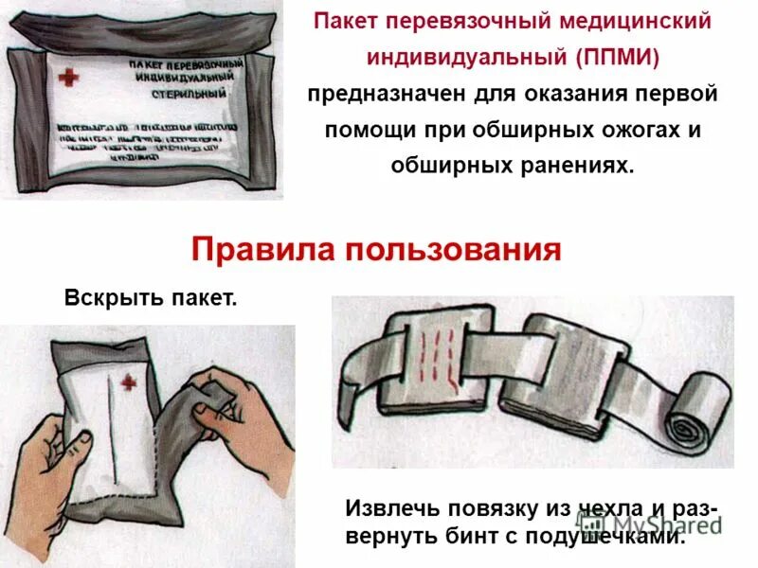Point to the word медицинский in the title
pyautogui.click(x=643, y=22)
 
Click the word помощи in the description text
pyautogui.click(x=361, y=130)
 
